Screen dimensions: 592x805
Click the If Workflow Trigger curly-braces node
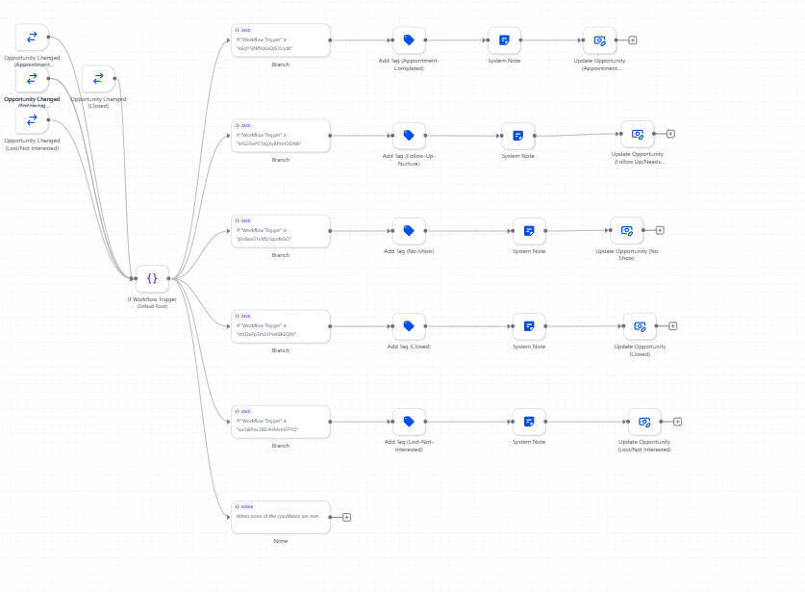(x=152, y=278)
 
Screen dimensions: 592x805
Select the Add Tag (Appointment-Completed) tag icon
(x=409, y=40)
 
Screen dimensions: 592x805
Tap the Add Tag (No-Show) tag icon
(x=409, y=231)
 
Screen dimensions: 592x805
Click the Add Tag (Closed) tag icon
(x=409, y=326)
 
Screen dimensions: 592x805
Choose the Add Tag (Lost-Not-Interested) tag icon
(x=409, y=422)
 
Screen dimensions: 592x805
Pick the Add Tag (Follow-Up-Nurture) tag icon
(x=409, y=136)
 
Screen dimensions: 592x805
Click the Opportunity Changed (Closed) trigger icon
(x=98, y=79)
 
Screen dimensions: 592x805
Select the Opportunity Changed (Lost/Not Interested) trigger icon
(x=32, y=120)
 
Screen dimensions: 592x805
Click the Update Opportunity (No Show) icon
(x=626, y=231)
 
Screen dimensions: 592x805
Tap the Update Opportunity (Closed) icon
(x=640, y=326)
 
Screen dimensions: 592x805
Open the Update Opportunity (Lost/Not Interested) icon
(x=644, y=422)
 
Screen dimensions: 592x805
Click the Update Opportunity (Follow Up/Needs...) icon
(x=637, y=135)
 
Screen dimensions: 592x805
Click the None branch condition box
(x=280, y=517)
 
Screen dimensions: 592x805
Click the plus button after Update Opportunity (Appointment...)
(x=633, y=40)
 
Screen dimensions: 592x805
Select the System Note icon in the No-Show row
(x=529, y=231)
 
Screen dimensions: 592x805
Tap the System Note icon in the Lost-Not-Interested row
(x=529, y=422)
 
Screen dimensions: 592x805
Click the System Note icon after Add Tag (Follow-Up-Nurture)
(x=517, y=136)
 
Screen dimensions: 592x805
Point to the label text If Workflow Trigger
(x=152, y=299)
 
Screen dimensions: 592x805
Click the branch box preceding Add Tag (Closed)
(x=280, y=326)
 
